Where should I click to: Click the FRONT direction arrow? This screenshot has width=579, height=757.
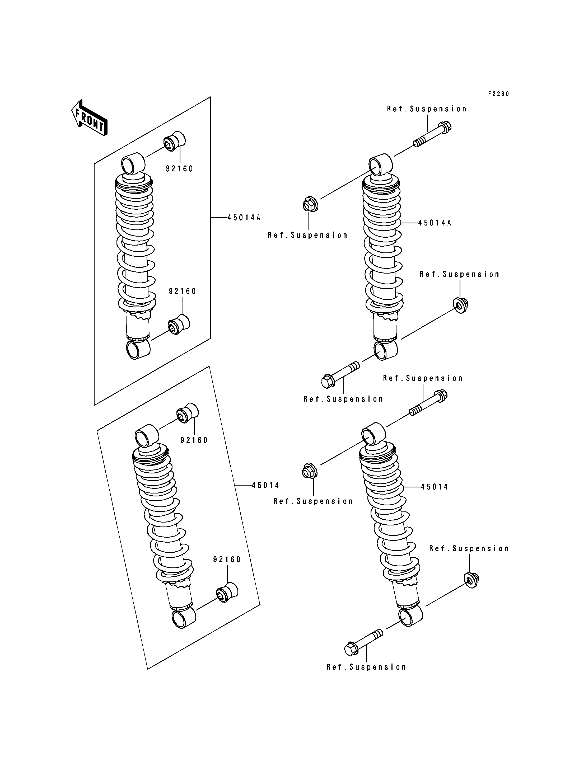90,118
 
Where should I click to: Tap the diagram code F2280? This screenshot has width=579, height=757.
498,94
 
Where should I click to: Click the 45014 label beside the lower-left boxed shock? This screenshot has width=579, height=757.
265,485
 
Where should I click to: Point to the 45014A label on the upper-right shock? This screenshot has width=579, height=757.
435,223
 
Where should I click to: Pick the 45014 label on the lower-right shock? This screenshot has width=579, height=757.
434,487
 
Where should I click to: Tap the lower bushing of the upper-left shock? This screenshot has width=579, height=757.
179,324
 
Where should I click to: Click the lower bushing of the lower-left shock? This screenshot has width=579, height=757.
227,592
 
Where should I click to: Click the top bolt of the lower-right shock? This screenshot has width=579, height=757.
428,403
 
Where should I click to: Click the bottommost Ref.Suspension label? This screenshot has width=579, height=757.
366,667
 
